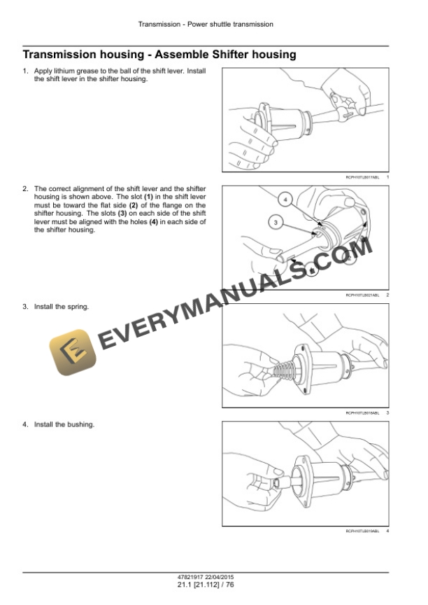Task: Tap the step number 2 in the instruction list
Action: click(x=25, y=189)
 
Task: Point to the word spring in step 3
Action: click(x=80, y=307)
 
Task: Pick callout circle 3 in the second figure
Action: click(x=275, y=223)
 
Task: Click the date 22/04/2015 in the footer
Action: click(x=224, y=576)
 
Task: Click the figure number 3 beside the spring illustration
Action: click(x=387, y=413)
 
